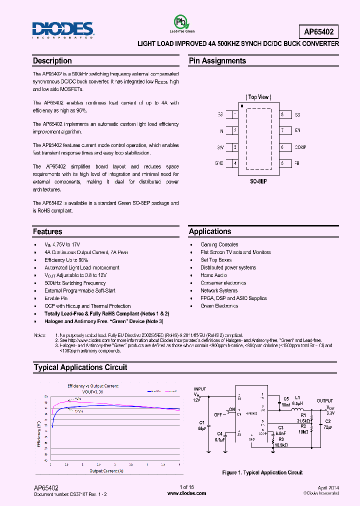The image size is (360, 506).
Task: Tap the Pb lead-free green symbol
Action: pyautogui.click(x=180, y=22)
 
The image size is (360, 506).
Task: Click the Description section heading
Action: pyautogui.click(x=52, y=61)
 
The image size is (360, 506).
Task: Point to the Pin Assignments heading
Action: pyautogui.click(x=217, y=61)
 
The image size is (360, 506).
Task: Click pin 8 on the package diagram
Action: pyautogui.click(x=282, y=115)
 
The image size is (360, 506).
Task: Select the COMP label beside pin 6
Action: pyautogui.click(x=300, y=147)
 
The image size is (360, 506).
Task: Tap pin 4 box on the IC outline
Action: pyautogui.click(x=234, y=163)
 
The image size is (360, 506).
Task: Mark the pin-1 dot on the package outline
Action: pyautogui.click(x=242, y=106)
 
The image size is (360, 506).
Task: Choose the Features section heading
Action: pyautogui.click(x=48, y=232)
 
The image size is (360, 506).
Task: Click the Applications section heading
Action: pyautogui.click(x=210, y=231)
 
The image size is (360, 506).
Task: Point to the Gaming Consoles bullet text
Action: pyautogui.click(x=219, y=244)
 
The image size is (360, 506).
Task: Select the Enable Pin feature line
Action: pyautogui.click(x=56, y=298)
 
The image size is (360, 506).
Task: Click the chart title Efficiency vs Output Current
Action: pyautogui.click(x=93, y=386)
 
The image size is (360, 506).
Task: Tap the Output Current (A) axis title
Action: pyautogui.click(x=106, y=471)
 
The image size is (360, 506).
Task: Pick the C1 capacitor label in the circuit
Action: pyautogui.click(x=201, y=423)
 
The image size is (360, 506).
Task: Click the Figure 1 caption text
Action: pyautogui.click(x=262, y=472)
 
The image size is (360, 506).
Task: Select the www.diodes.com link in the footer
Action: pyautogui.click(x=186, y=493)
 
